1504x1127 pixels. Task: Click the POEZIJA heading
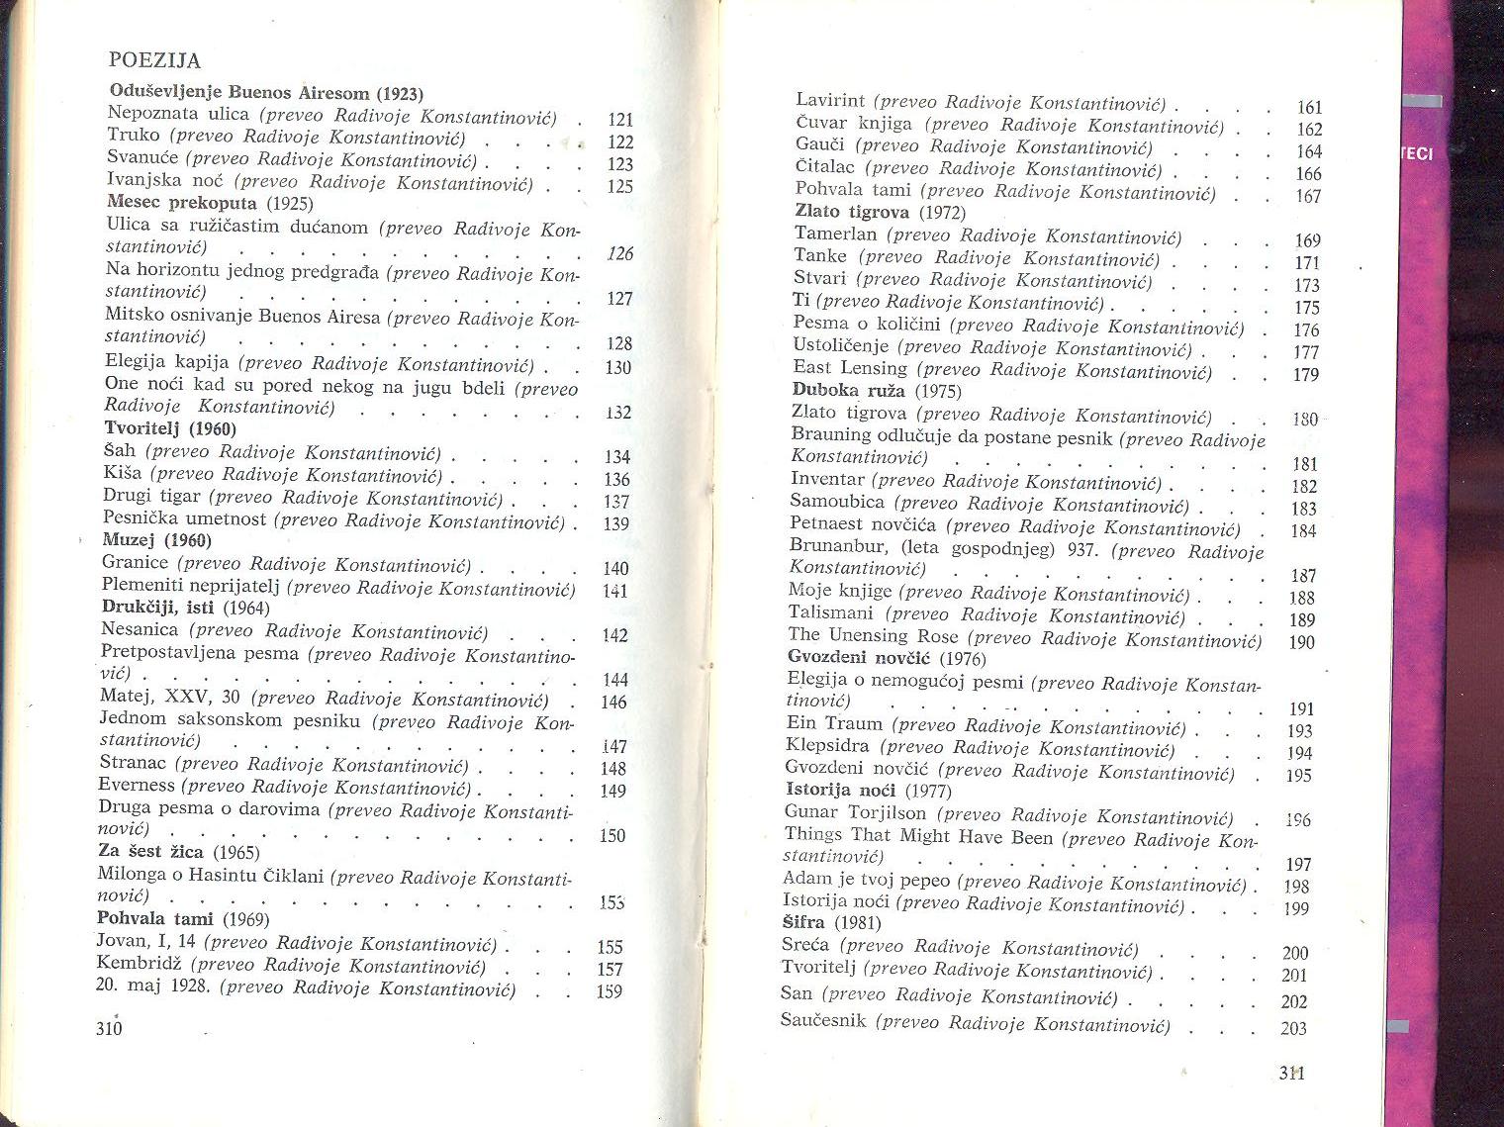pyautogui.click(x=154, y=60)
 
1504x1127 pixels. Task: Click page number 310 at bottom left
pyautogui.click(x=109, y=1028)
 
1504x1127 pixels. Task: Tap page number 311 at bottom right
pyautogui.click(x=1291, y=1073)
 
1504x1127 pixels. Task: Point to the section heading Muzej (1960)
pyautogui.click(x=157, y=540)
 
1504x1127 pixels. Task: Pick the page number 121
pyautogui.click(x=620, y=120)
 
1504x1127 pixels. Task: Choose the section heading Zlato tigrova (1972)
pyautogui.click(x=880, y=212)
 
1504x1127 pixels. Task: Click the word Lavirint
pyautogui.click(x=830, y=101)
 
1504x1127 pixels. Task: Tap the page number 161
pyautogui.click(x=1309, y=108)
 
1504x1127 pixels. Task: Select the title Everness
pyautogui.click(x=137, y=786)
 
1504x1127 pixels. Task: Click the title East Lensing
pyautogui.click(x=850, y=368)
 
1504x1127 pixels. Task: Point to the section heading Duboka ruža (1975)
pyautogui.click(x=876, y=391)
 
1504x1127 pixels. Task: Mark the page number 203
pyautogui.click(x=1293, y=1028)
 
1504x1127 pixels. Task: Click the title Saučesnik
pyautogui.click(x=823, y=1020)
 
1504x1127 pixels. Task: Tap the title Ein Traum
pyautogui.click(x=833, y=724)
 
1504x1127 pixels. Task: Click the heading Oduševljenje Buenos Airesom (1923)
pyautogui.click(x=266, y=93)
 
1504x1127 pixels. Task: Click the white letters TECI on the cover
pyautogui.click(x=1417, y=154)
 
